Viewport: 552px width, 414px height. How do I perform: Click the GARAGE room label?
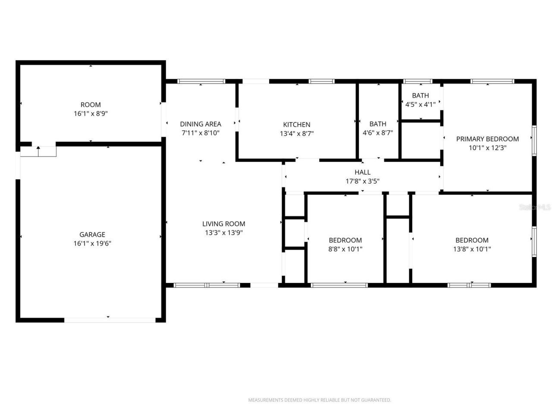point(92,235)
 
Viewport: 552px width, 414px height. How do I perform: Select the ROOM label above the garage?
point(91,105)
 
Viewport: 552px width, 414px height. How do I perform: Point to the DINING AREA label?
point(201,124)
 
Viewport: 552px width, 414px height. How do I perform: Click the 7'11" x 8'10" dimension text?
point(201,133)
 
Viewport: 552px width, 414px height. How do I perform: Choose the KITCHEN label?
point(296,125)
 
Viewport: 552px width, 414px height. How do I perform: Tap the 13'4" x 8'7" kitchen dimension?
point(296,134)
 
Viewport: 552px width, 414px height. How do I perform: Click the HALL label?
point(362,172)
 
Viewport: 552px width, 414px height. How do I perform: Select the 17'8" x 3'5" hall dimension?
point(362,181)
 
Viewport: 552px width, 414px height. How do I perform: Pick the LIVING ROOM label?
point(223,224)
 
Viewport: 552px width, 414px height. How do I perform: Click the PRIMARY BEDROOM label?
point(487,139)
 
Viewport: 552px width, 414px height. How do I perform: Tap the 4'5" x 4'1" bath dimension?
point(420,104)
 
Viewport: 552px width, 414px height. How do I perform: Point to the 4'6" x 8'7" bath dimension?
point(378,133)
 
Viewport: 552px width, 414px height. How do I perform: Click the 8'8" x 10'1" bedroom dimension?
point(345,249)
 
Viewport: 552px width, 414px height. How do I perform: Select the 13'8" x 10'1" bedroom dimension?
point(472,249)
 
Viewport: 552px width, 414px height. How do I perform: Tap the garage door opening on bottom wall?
point(110,320)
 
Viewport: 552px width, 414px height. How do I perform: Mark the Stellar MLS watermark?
point(535,207)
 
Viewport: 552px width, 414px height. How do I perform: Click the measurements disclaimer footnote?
point(319,400)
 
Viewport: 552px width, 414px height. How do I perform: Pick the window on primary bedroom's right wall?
point(534,140)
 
